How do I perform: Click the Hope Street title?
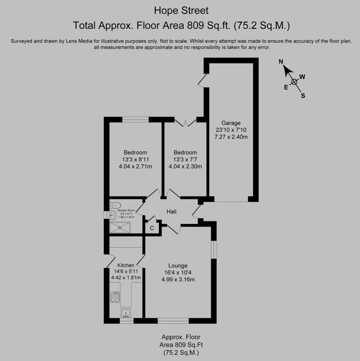click(x=180, y=10)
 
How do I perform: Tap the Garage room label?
click(x=231, y=123)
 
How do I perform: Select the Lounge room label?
click(x=177, y=266)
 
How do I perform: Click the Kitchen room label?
click(x=125, y=265)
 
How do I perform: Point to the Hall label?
click(x=172, y=212)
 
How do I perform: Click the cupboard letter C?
click(x=152, y=228)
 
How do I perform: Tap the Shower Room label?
click(x=126, y=210)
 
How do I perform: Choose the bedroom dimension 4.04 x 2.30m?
click(x=185, y=166)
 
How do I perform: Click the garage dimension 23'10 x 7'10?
click(x=231, y=130)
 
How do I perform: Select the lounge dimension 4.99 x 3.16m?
click(x=177, y=280)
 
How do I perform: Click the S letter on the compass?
click(x=303, y=95)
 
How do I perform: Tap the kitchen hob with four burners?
click(x=115, y=297)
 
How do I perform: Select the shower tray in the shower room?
click(x=120, y=227)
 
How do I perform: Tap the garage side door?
click(x=203, y=80)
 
